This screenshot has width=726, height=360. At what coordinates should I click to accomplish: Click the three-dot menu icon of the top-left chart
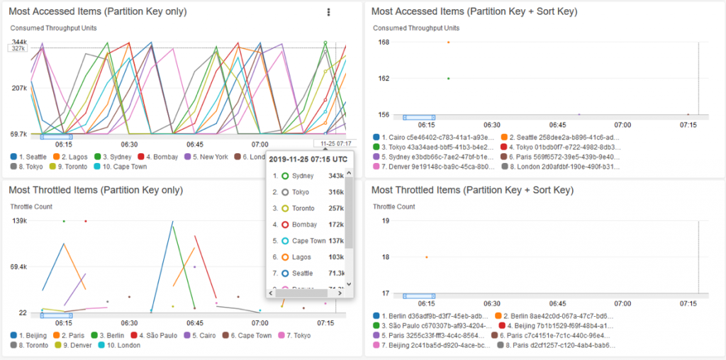pyautogui.click(x=328, y=12)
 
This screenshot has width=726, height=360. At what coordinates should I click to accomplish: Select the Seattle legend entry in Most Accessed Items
pyautogui.click(x=30, y=157)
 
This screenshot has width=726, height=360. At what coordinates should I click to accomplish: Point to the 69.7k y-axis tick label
pyautogui.click(x=18, y=134)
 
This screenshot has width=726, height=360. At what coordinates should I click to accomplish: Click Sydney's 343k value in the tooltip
pyautogui.click(x=336, y=175)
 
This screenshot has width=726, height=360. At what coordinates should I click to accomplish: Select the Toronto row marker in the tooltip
pyautogui.click(x=285, y=208)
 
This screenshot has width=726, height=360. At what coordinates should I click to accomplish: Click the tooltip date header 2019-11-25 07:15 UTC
pyautogui.click(x=310, y=159)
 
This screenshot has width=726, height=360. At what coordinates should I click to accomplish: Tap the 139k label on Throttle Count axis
pyautogui.click(x=20, y=221)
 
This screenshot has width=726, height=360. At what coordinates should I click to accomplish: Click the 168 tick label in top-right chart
pyautogui.click(x=384, y=43)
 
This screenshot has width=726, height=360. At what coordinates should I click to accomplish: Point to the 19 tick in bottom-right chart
pyautogui.click(x=385, y=221)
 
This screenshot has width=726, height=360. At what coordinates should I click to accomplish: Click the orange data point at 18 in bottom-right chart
pyautogui.click(x=426, y=257)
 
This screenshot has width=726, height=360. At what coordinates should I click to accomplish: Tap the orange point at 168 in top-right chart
pyautogui.click(x=448, y=43)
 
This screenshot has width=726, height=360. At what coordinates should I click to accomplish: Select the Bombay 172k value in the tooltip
pyautogui.click(x=336, y=225)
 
